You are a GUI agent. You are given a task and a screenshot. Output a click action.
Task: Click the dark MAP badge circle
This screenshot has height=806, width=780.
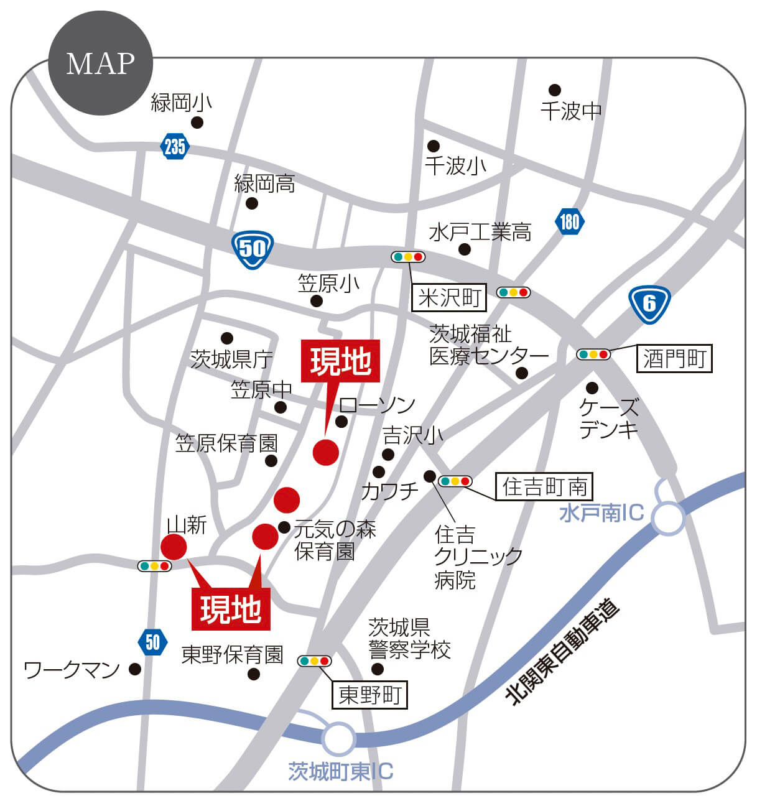100,62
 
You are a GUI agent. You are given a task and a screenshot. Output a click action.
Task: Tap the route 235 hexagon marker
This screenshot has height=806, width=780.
175,146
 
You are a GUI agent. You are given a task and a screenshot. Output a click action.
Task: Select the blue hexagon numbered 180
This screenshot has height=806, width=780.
569,221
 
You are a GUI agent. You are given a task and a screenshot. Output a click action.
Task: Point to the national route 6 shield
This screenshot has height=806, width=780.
649,303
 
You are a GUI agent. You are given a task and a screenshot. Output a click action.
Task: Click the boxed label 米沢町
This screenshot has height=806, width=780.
449,298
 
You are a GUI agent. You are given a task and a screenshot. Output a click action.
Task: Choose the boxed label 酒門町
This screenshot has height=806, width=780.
674,359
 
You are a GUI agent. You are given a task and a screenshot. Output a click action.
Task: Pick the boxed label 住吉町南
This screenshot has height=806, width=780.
544,486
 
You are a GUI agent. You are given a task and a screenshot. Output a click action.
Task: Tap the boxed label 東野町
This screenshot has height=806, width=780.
369,695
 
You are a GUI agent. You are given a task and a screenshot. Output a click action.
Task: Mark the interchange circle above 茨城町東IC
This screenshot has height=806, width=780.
339,739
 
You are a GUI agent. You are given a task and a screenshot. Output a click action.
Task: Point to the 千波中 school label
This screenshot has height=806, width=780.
571,111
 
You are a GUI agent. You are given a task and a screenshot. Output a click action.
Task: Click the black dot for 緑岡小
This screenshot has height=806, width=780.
197,123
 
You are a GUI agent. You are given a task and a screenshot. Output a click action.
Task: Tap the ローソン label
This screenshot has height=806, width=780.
377,405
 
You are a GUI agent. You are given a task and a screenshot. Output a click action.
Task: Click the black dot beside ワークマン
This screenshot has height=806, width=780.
135,669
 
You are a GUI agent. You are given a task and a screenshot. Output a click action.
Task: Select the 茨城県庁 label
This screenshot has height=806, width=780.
231,359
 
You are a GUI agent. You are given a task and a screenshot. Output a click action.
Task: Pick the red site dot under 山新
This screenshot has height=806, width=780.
174,547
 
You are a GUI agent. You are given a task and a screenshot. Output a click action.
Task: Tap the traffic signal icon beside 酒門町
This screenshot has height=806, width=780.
593,354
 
